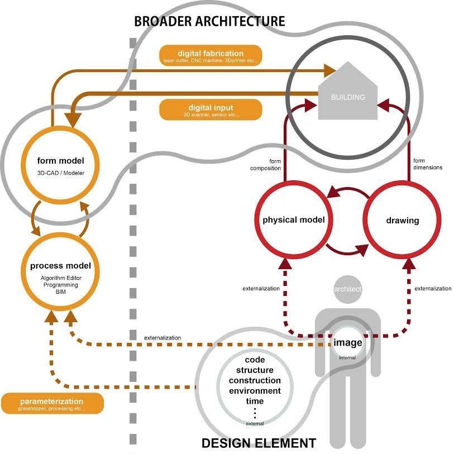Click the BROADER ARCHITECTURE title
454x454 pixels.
[209, 22]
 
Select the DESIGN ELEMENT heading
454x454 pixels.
[258, 444]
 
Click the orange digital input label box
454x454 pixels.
[211, 110]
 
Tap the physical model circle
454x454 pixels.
[294, 220]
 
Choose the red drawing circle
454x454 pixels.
[402, 221]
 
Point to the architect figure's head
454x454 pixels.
[348, 289]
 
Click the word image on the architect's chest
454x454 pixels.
[347, 343]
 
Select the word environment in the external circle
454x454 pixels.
[255, 390]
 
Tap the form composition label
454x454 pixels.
[265, 165]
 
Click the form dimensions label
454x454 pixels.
[427, 164]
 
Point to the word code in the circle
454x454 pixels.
[255, 360]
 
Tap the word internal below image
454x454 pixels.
[347, 357]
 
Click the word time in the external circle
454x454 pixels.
[255, 400]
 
